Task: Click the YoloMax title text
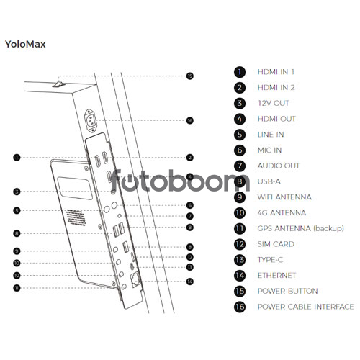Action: point(25,44)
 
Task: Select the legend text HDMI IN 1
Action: point(276,72)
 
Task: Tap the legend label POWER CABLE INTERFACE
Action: point(305,307)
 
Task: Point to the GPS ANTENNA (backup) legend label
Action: point(301,228)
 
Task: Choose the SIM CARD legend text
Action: point(276,244)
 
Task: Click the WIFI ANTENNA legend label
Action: point(284,197)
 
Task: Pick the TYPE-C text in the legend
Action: point(270,260)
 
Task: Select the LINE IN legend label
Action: point(271,135)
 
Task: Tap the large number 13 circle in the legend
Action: point(240,260)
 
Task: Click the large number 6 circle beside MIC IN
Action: point(240,150)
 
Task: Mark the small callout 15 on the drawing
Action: point(190,76)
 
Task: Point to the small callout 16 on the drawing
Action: point(190,120)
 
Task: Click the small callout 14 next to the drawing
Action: point(190,282)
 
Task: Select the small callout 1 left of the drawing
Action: point(17,158)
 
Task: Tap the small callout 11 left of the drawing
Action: point(17,288)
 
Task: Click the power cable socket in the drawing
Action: point(91,121)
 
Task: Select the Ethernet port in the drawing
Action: point(135,279)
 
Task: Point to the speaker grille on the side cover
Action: point(76,217)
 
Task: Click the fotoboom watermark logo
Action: point(181,181)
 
